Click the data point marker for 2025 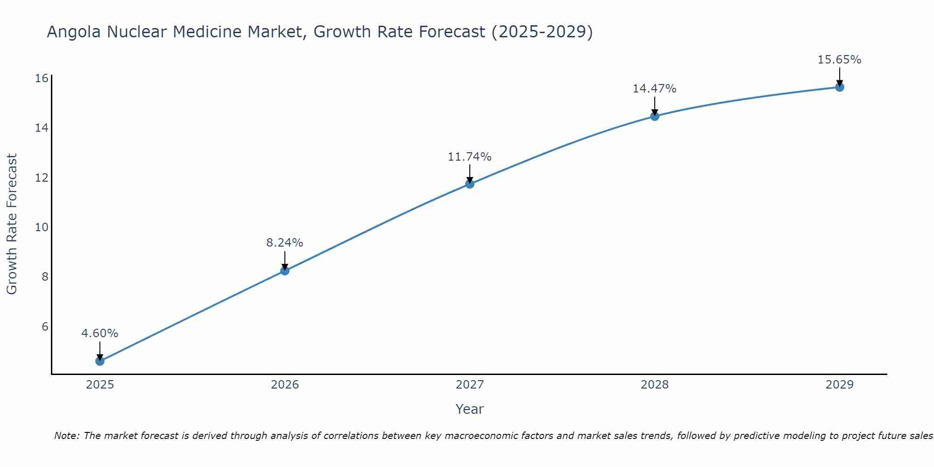[100, 361]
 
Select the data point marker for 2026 [285, 270]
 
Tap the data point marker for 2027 [470, 184]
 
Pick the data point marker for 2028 [655, 116]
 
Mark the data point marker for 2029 [840, 87]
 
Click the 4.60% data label [100, 333]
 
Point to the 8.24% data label [285, 243]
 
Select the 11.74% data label [470, 157]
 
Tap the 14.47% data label [655, 89]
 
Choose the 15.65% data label [840, 60]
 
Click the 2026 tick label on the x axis [285, 385]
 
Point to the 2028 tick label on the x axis [655, 385]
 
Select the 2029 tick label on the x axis [840, 385]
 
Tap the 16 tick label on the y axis [42, 78]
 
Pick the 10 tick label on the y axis [42, 227]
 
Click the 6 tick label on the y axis [45, 326]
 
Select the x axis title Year [470, 409]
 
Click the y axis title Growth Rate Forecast [12, 224]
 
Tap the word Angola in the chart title [75, 32]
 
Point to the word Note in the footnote [67, 436]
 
